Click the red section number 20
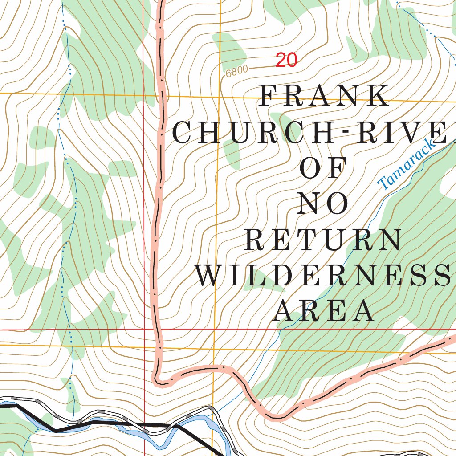[x=286, y=60]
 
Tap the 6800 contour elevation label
[x=236, y=71]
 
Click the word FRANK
[x=324, y=96]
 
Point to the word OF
[x=323, y=168]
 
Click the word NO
[x=323, y=204]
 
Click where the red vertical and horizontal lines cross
[x=144, y=330]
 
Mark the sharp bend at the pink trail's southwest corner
[x=157, y=381]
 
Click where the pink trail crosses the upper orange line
[x=161, y=95]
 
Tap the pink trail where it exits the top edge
[x=161, y=3]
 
